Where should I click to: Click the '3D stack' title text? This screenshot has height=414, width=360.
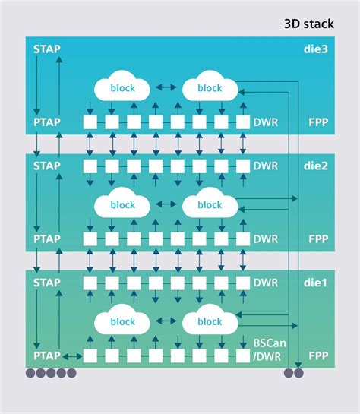coord(308,24)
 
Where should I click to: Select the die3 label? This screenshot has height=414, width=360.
coord(314,49)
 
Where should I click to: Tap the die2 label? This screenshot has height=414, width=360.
coord(314,166)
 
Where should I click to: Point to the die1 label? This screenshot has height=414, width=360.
coord(314,283)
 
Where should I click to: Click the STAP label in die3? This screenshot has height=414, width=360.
coord(47,49)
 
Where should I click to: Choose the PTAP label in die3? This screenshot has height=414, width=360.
coord(47,122)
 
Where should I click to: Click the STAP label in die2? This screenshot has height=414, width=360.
coord(47,166)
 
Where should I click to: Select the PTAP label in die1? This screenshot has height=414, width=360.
coord(47,356)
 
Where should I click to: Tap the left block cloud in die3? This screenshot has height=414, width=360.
coord(122,88)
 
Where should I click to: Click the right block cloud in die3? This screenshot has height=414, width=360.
coord(209,88)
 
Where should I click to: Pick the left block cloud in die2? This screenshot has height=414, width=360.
coord(122,205)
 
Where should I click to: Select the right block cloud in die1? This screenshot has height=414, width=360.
coord(209,322)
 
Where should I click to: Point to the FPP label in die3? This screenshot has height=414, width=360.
coord(317,122)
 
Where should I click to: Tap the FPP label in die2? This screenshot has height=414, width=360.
coord(317,239)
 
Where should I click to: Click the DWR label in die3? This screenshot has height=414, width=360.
coord(265,122)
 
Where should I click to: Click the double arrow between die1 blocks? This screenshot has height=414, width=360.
coord(165,322)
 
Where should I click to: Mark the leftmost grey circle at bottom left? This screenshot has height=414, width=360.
coord(31,373)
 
